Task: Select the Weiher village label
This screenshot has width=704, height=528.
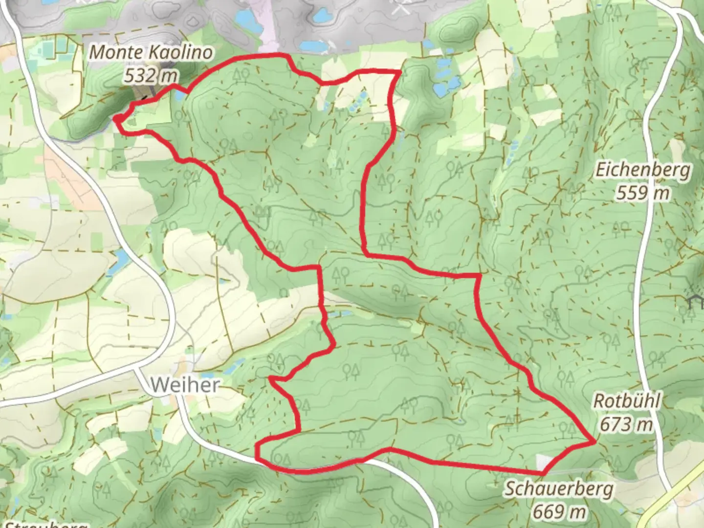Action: click(x=184, y=385)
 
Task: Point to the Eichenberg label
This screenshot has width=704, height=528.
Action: click(x=643, y=171)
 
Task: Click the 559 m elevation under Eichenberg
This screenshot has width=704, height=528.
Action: click(x=643, y=193)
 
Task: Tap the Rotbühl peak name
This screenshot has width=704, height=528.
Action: click(x=627, y=401)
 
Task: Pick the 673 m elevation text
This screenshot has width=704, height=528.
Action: click(x=627, y=424)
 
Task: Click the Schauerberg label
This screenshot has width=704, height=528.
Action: click(x=559, y=488)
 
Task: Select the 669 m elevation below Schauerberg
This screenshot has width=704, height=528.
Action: click(x=559, y=511)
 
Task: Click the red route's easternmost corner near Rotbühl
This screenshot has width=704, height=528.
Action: click(x=595, y=442)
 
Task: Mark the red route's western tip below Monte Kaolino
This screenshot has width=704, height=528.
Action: click(x=115, y=118)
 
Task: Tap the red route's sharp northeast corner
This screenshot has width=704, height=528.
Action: click(x=400, y=72)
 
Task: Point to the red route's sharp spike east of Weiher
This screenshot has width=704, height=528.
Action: click(x=270, y=377)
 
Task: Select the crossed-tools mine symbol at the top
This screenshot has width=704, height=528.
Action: click(x=401, y=7)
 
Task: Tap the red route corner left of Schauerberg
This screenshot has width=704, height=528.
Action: click(x=543, y=473)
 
